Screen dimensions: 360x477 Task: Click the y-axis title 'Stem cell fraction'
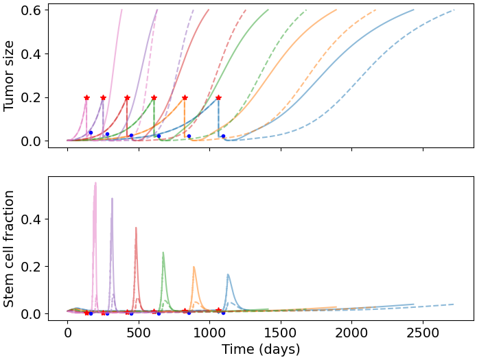(x=10, y=248)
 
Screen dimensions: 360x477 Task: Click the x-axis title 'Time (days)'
(x=261, y=349)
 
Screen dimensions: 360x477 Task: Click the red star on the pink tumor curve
(x=86, y=98)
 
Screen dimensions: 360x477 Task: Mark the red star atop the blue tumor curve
(x=218, y=98)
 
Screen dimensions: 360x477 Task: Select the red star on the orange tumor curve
(x=185, y=98)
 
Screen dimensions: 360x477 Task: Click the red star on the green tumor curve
(x=154, y=98)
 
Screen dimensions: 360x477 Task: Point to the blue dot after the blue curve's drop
(x=223, y=136)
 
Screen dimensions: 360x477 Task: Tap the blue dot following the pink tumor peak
(x=91, y=132)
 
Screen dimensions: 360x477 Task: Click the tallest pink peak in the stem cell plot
(x=95, y=183)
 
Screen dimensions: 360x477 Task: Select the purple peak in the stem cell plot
(x=112, y=200)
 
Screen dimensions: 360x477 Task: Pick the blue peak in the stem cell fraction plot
(x=228, y=275)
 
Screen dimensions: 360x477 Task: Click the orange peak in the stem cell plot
(x=194, y=267)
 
